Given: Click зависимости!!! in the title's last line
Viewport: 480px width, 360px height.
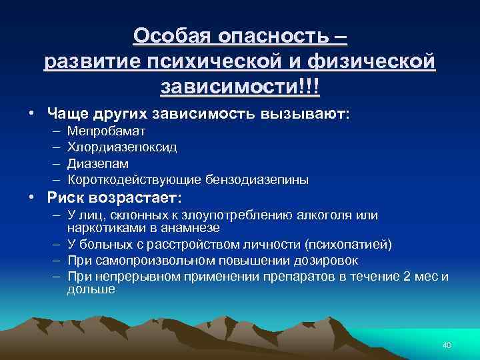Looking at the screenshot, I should (239, 87).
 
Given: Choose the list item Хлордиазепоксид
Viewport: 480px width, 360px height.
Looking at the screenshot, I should (122, 147).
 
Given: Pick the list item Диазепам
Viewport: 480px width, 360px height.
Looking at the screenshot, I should (98, 163).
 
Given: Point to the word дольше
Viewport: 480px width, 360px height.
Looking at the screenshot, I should (91, 289).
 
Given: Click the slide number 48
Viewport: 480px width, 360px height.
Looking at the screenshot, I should (447, 345).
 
